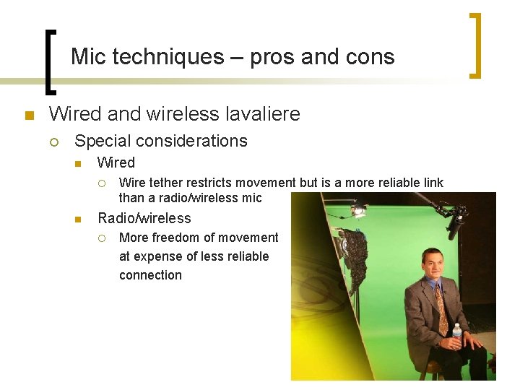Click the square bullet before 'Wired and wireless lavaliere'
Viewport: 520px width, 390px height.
click(28, 116)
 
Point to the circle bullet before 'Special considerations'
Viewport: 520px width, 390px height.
click(55, 142)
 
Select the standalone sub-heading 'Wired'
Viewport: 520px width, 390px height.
click(116, 162)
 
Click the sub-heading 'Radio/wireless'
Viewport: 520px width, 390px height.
click(144, 218)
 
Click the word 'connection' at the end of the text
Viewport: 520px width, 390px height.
click(150, 275)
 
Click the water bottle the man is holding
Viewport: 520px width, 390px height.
click(456, 334)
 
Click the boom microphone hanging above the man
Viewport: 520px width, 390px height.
click(455, 223)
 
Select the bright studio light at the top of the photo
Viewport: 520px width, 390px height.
click(357, 210)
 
